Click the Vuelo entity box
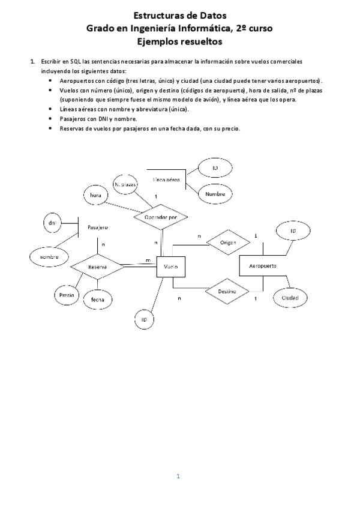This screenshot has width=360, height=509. pos(170,267)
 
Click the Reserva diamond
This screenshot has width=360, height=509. pos(97,266)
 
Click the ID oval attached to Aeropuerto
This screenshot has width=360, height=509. pos(293,230)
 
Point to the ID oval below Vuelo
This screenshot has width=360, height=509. pos(144,320)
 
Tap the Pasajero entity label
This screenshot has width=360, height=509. pos(97,227)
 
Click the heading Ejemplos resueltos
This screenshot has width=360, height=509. pos(179,41)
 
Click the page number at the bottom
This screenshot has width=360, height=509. pos(178,476)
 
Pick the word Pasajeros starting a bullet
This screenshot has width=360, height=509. pos(73,118)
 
